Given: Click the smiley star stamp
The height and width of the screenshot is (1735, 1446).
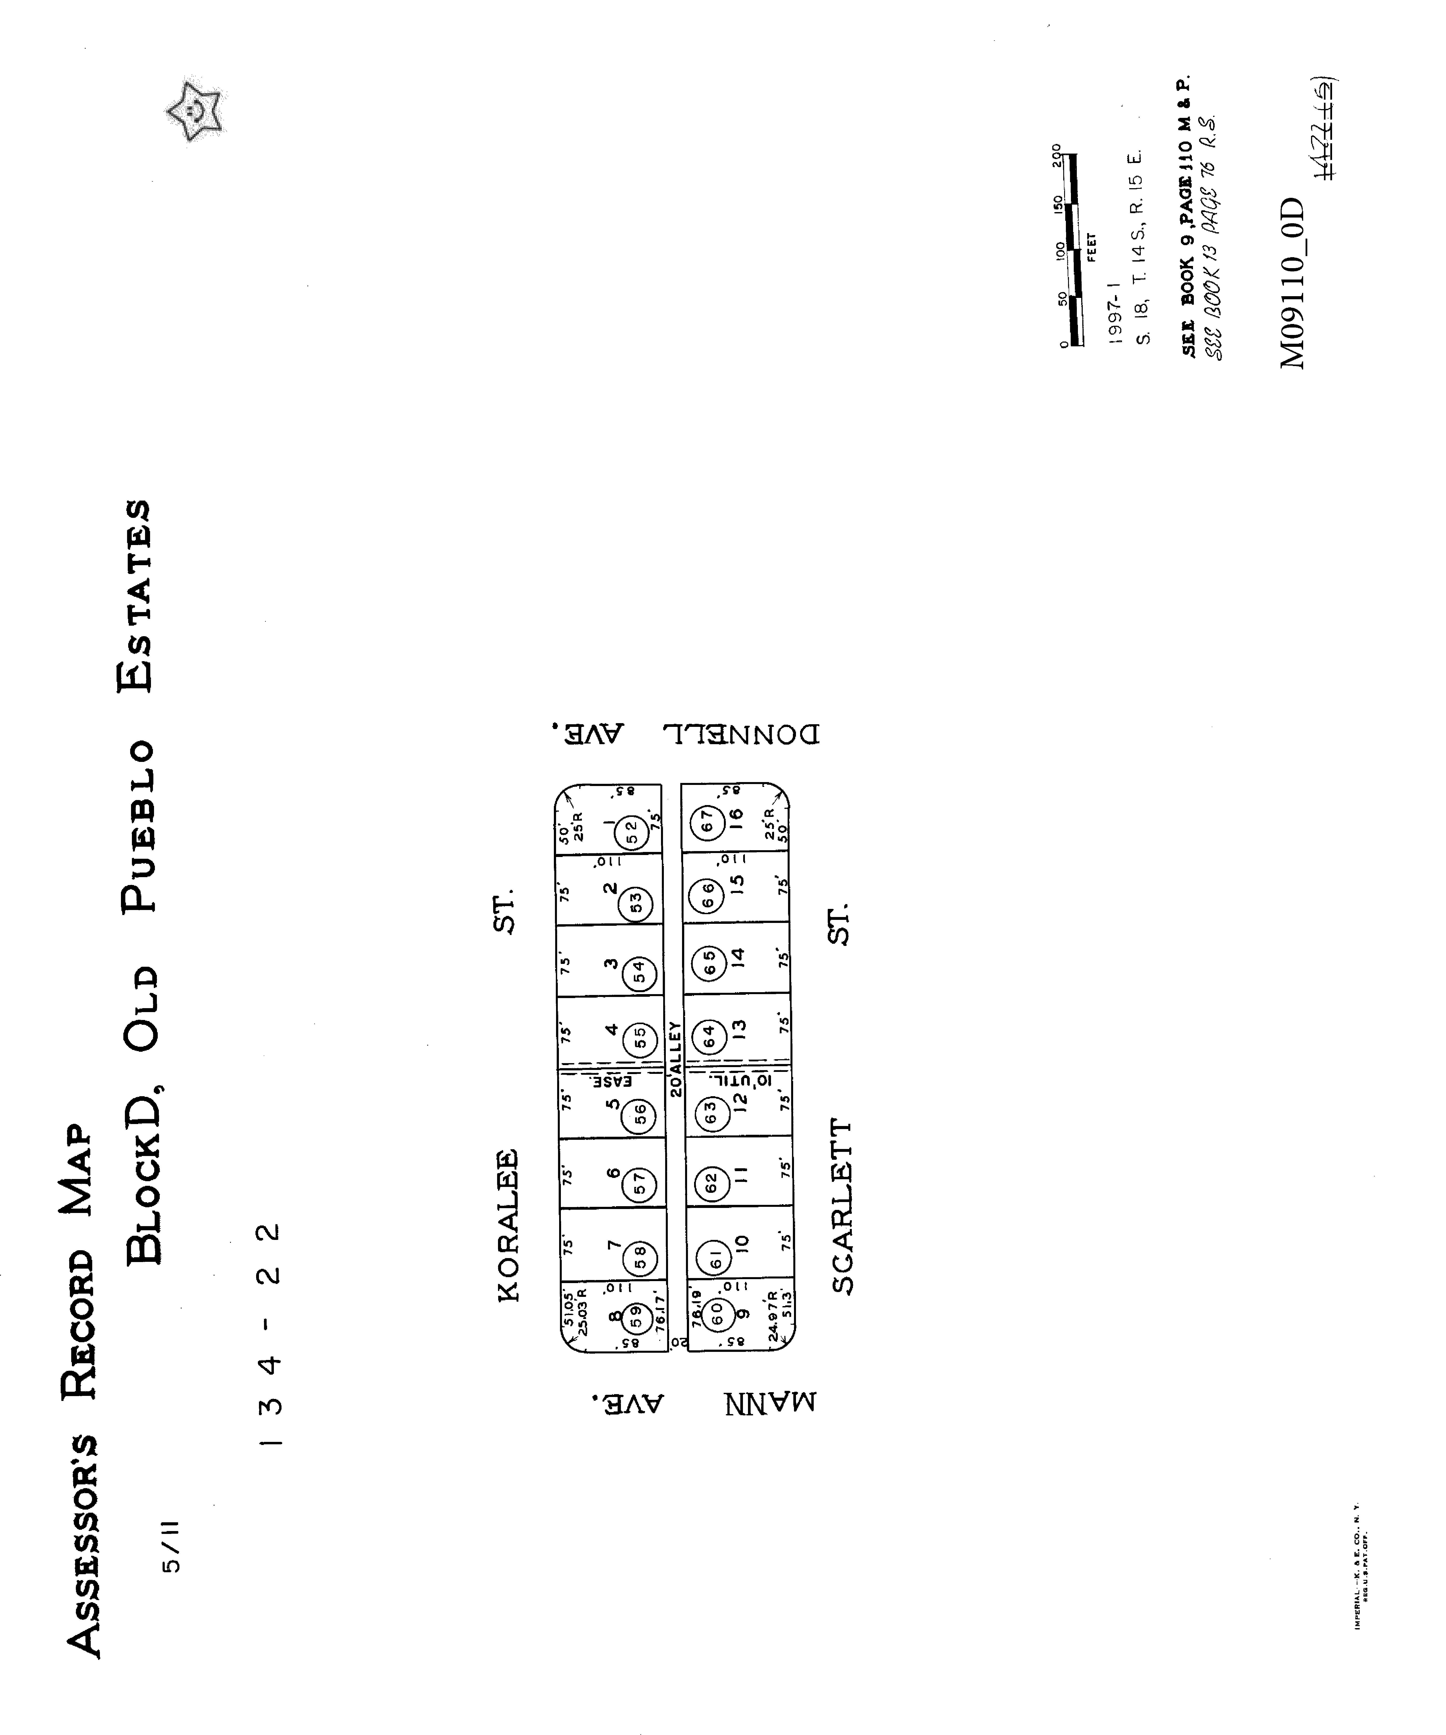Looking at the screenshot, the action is click(195, 110).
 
